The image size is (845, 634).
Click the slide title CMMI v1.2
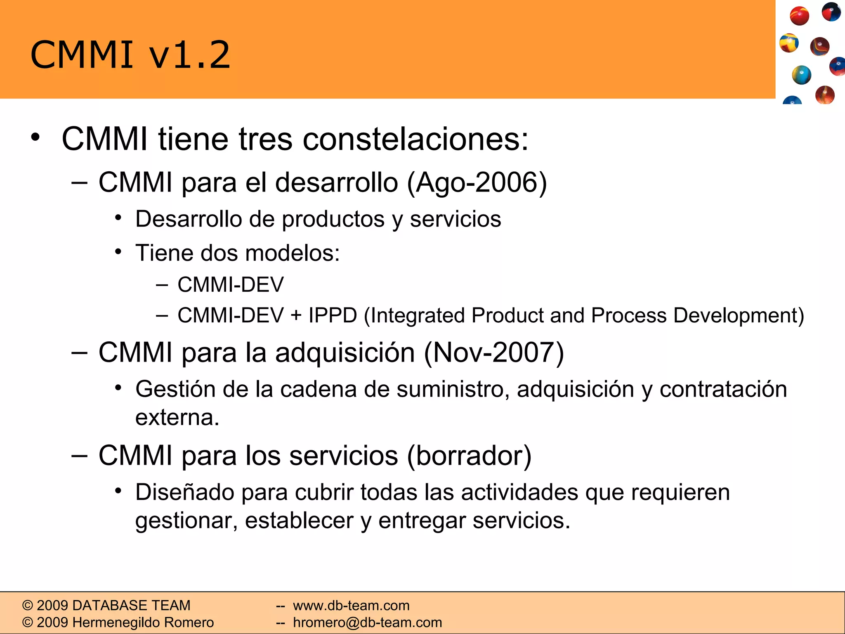(x=130, y=55)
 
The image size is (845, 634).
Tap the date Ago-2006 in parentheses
(x=477, y=182)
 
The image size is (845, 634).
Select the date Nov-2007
(x=493, y=352)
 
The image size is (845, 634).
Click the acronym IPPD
(x=333, y=316)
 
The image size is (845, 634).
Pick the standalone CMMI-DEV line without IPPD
(x=231, y=285)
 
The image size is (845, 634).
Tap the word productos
(x=333, y=219)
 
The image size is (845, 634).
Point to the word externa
(x=177, y=417)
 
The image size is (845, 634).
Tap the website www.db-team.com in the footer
(x=351, y=606)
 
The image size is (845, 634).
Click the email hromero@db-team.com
(x=367, y=622)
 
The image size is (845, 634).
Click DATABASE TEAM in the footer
(x=131, y=606)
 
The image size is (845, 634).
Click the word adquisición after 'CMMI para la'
(x=345, y=352)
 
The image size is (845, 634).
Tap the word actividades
(x=519, y=492)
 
